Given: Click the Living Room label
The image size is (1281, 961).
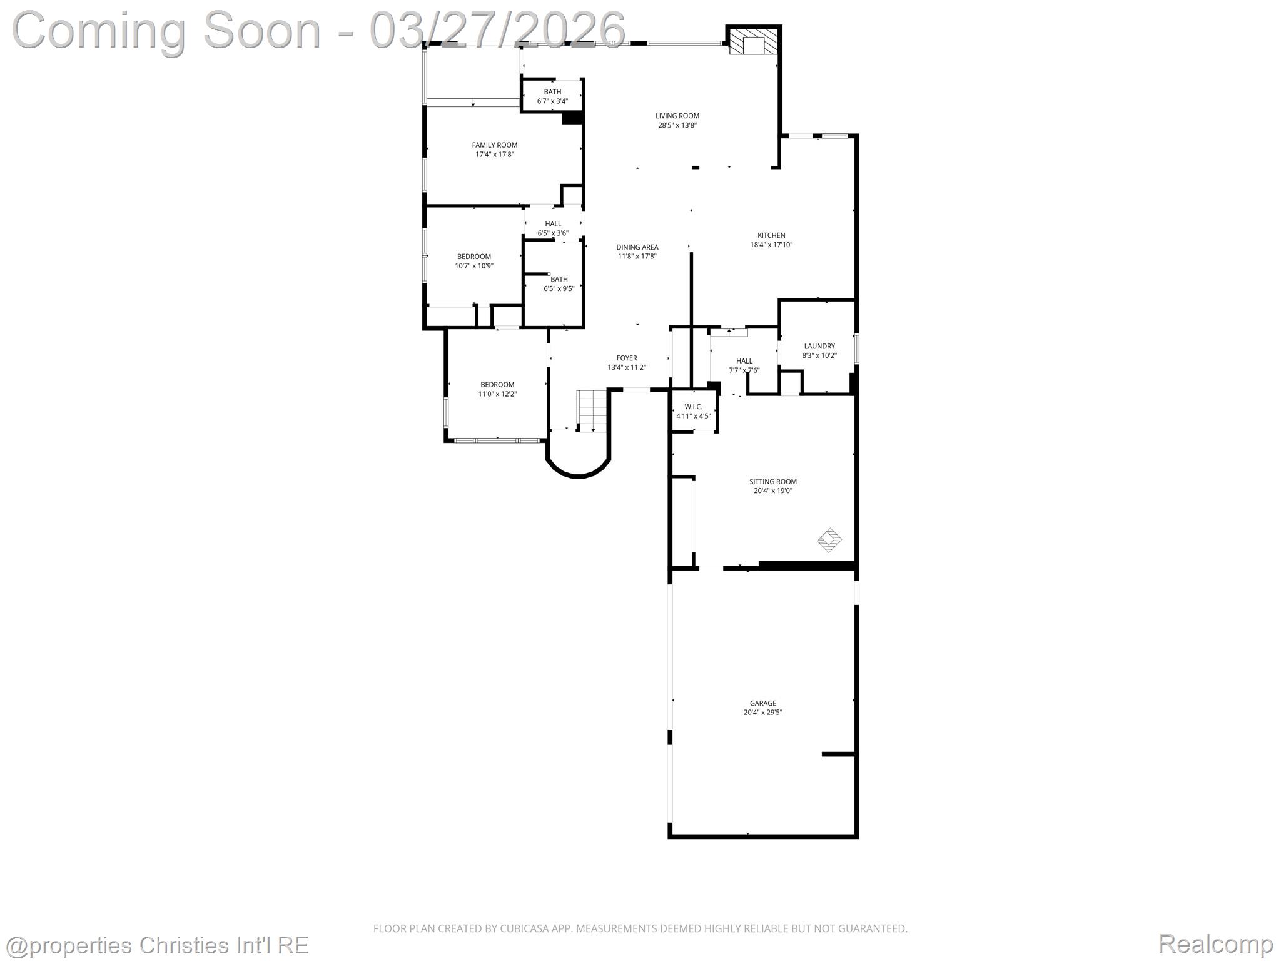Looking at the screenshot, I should tap(677, 116).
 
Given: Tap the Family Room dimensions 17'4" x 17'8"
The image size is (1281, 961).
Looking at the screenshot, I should tap(494, 155).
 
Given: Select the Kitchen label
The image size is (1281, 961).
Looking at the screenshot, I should tap(771, 235).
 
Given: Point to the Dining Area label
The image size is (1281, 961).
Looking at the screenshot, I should tap(637, 247).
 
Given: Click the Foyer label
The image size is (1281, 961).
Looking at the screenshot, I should tap(627, 358).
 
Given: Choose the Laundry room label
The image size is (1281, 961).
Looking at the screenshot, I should tap(819, 346).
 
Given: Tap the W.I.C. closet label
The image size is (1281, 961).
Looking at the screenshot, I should tap(693, 407).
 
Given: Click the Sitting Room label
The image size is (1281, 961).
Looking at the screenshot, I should tap(773, 482).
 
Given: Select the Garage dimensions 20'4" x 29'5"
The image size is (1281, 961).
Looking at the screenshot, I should tap(763, 712).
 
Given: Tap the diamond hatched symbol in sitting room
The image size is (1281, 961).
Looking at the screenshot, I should tap(829, 540).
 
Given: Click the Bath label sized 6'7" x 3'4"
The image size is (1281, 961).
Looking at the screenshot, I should tap(552, 92).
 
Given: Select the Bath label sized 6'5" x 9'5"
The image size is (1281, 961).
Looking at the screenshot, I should tap(559, 279).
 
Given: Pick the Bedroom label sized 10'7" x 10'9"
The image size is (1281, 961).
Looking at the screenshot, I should tap(474, 257).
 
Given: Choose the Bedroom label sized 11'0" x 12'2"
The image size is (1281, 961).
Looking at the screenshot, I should tap(497, 385).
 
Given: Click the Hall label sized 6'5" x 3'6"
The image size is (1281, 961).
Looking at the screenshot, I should tap(553, 224).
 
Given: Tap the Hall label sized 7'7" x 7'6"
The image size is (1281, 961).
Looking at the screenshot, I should tap(744, 361).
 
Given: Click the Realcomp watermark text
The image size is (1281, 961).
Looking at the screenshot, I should tap(1215, 943).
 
